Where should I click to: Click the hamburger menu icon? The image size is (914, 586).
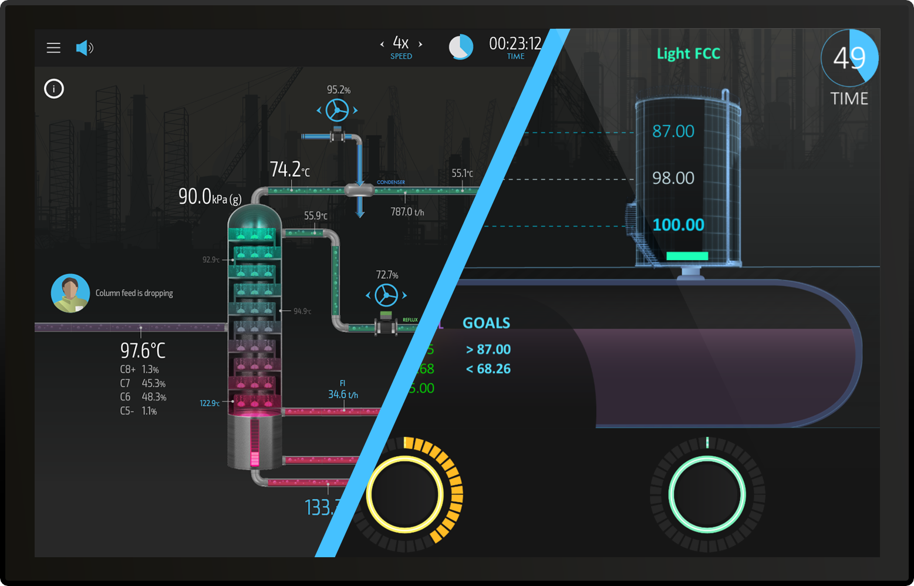(x=53, y=48)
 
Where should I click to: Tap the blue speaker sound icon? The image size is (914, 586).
(x=85, y=48)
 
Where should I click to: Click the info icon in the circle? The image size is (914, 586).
(x=54, y=89)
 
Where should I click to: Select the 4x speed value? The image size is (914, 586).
(x=401, y=43)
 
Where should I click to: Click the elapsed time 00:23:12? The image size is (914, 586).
(x=515, y=43)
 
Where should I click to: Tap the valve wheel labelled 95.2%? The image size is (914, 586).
(x=338, y=110)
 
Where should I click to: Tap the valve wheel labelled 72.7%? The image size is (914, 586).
(x=386, y=295)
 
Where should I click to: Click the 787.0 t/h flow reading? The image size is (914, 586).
(x=407, y=212)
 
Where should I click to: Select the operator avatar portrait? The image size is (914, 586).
(x=70, y=293)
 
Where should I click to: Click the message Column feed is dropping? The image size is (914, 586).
(x=134, y=293)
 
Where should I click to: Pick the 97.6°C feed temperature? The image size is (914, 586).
(x=143, y=351)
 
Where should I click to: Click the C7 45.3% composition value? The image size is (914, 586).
(x=153, y=383)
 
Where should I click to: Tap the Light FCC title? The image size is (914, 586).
(x=688, y=53)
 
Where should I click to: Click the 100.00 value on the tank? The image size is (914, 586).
(x=678, y=225)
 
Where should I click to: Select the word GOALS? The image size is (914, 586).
(x=486, y=323)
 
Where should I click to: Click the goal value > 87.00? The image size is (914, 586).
(x=488, y=349)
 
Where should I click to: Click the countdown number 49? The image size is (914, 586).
(x=849, y=58)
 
